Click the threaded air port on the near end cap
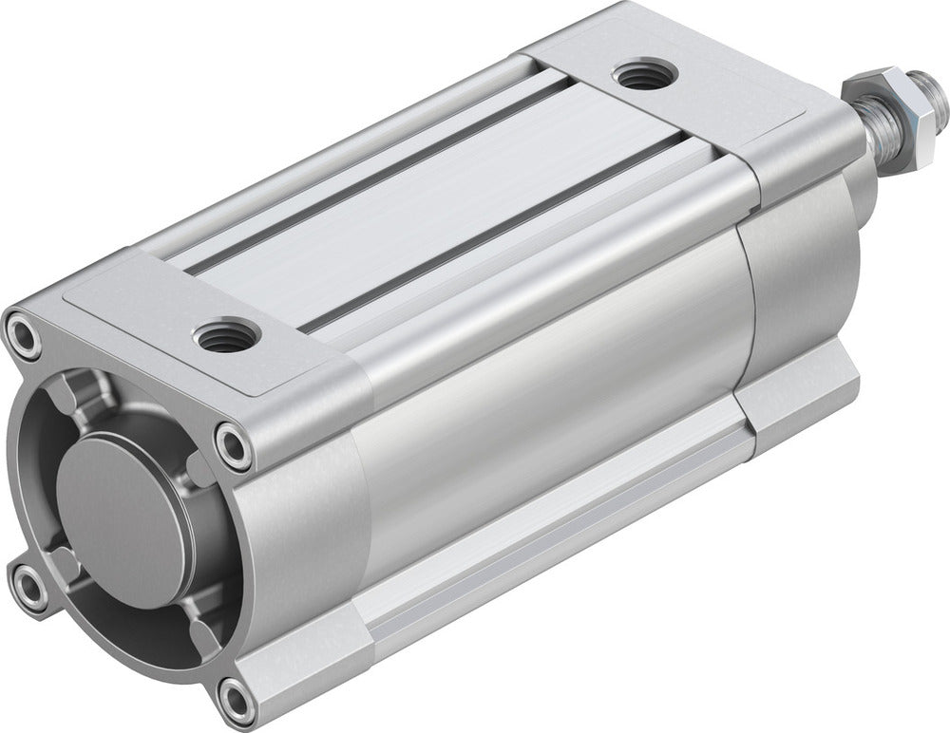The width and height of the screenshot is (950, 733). coord(224,336)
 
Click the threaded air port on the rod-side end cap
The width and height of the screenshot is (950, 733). coord(638,77)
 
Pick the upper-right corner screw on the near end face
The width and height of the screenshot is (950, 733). coord(233,443)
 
